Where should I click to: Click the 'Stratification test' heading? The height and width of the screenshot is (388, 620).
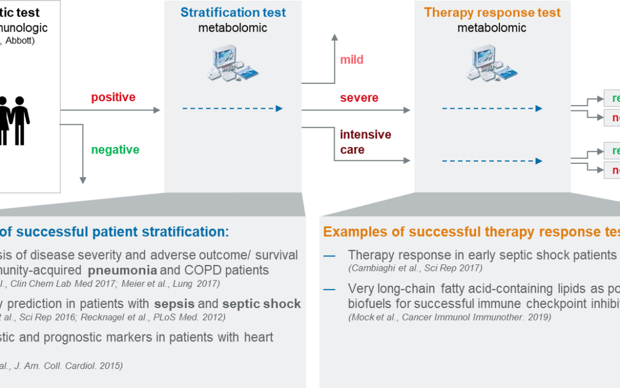pos(233,12)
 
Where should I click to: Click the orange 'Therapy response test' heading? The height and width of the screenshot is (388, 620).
pos(492,12)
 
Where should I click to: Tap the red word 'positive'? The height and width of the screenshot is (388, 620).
pos(113,97)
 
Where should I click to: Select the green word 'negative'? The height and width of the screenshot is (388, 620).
pos(115,150)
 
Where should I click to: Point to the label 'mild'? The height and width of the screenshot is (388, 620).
pos(351,60)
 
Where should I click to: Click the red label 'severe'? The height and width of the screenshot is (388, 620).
pos(359,98)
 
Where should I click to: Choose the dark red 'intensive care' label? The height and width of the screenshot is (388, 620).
pos(365,142)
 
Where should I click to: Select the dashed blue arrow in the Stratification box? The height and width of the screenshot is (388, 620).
pos(232,108)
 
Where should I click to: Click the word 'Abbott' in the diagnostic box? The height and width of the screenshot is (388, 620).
pos(20,41)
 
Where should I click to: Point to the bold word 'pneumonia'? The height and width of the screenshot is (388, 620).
pos(121,270)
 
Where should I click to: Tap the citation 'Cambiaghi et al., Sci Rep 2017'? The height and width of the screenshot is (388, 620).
pos(415,268)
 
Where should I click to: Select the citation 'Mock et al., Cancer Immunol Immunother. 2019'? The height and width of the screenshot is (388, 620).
pos(449,317)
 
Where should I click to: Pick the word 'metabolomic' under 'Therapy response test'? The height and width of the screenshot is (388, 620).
pos(492,28)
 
